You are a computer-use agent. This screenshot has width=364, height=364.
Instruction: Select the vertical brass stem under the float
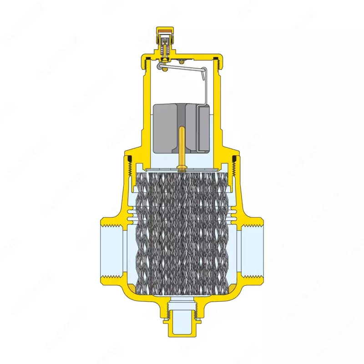pos(182,146)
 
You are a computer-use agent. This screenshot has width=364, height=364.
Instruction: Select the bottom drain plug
pos(182,318)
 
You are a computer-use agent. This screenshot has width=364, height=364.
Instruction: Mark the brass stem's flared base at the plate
pos(182,169)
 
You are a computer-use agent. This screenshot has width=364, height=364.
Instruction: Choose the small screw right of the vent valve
pos(182,61)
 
